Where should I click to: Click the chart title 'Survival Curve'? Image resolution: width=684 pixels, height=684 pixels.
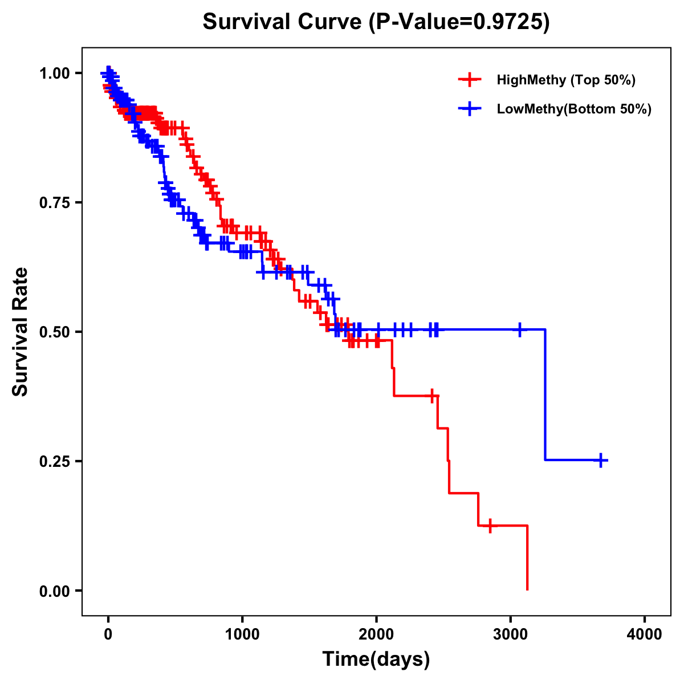pyautogui.click(x=282, y=22)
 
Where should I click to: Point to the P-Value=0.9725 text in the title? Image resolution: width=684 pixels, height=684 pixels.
pyautogui.click(x=459, y=22)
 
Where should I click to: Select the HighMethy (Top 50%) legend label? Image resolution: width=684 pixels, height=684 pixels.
pyautogui.click(x=565, y=80)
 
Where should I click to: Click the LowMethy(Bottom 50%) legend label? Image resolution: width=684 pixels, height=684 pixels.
pyautogui.click(x=574, y=109)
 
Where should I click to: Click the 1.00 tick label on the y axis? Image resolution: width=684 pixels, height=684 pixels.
pyautogui.click(x=55, y=74)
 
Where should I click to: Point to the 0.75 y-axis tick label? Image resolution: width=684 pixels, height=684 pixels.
pyautogui.click(x=55, y=203)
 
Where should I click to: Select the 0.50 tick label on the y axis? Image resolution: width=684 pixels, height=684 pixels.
pyautogui.click(x=55, y=332)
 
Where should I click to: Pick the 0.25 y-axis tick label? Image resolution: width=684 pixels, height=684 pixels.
pyautogui.click(x=55, y=461)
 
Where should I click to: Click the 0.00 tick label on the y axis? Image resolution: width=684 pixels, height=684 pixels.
pyautogui.click(x=55, y=591)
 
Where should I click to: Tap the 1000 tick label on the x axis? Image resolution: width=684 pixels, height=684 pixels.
pyautogui.click(x=242, y=634)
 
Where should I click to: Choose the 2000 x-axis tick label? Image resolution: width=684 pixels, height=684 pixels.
pyautogui.click(x=376, y=634)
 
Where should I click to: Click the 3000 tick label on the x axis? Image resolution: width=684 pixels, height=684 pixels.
pyautogui.click(x=511, y=634)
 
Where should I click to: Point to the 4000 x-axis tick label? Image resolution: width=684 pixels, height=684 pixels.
pyautogui.click(x=645, y=634)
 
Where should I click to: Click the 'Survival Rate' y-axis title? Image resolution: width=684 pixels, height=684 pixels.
pyautogui.click(x=21, y=331)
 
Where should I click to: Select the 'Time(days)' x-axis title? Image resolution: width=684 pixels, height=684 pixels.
pyautogui.click(x=376, y=659)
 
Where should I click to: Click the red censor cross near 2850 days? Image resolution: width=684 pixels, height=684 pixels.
pyautogui.click(x=490, y=526)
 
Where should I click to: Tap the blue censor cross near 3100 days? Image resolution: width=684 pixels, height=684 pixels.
pyautogui.click(x=519, y=329)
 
